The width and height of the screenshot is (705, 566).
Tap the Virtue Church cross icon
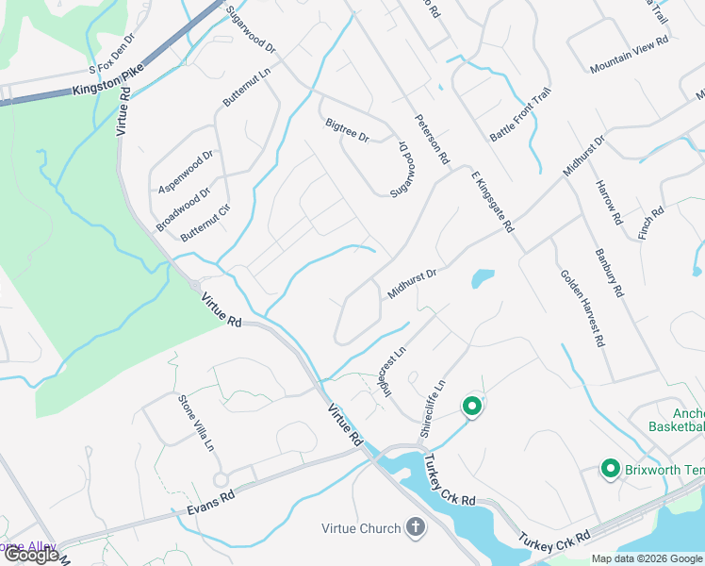click(415, 527)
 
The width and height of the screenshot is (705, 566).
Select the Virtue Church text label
click(361, 528)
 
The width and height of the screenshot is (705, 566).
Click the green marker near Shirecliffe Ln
click(471, 407)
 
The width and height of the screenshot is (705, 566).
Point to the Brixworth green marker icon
click(610, 468)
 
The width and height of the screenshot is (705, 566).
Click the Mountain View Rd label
click(629, 56)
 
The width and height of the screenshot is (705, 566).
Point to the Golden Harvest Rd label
click(582, 308)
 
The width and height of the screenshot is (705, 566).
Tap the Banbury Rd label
click(610, 272)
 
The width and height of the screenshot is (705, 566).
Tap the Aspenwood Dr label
click(187, 170)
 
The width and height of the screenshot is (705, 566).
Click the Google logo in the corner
click(30, 555)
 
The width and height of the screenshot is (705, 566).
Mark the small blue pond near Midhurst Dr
click(482, 278)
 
